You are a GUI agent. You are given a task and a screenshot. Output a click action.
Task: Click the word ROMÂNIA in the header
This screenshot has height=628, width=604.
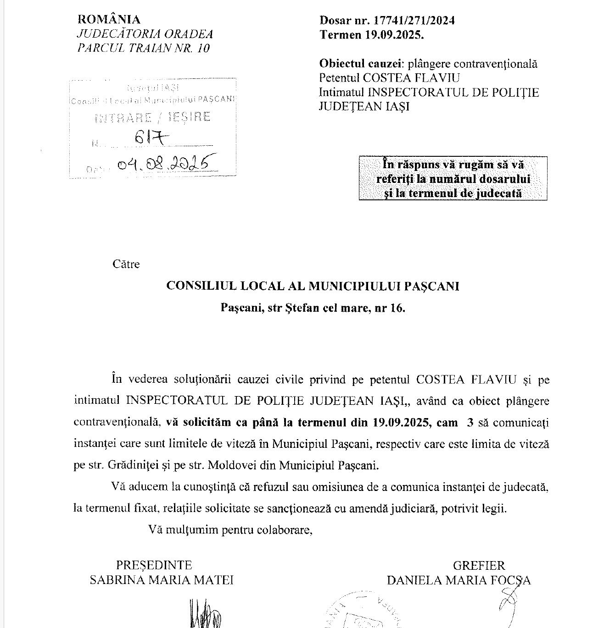point(109,19)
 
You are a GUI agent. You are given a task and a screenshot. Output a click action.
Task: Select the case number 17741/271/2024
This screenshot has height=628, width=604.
point(414,20)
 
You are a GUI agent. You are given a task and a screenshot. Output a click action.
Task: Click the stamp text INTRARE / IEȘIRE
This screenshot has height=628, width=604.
point(152,118)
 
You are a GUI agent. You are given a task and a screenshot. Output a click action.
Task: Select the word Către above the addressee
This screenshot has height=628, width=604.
point(126,264)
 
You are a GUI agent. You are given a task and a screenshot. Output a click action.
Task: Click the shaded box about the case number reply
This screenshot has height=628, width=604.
point(453,178)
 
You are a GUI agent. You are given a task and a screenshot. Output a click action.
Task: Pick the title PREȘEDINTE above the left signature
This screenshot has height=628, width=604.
point(154,565)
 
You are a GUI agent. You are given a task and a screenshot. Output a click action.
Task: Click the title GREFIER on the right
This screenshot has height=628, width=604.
point(479,566)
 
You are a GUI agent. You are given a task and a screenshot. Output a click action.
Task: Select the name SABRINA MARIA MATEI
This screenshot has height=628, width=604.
point(162,580)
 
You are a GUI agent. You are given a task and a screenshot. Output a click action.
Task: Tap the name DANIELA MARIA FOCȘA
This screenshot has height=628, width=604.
point(459,581)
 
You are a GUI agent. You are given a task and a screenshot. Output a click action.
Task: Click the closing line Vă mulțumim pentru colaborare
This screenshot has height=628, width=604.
point(230,530)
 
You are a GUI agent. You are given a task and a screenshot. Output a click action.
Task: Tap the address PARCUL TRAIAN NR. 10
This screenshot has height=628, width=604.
point(144,48)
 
